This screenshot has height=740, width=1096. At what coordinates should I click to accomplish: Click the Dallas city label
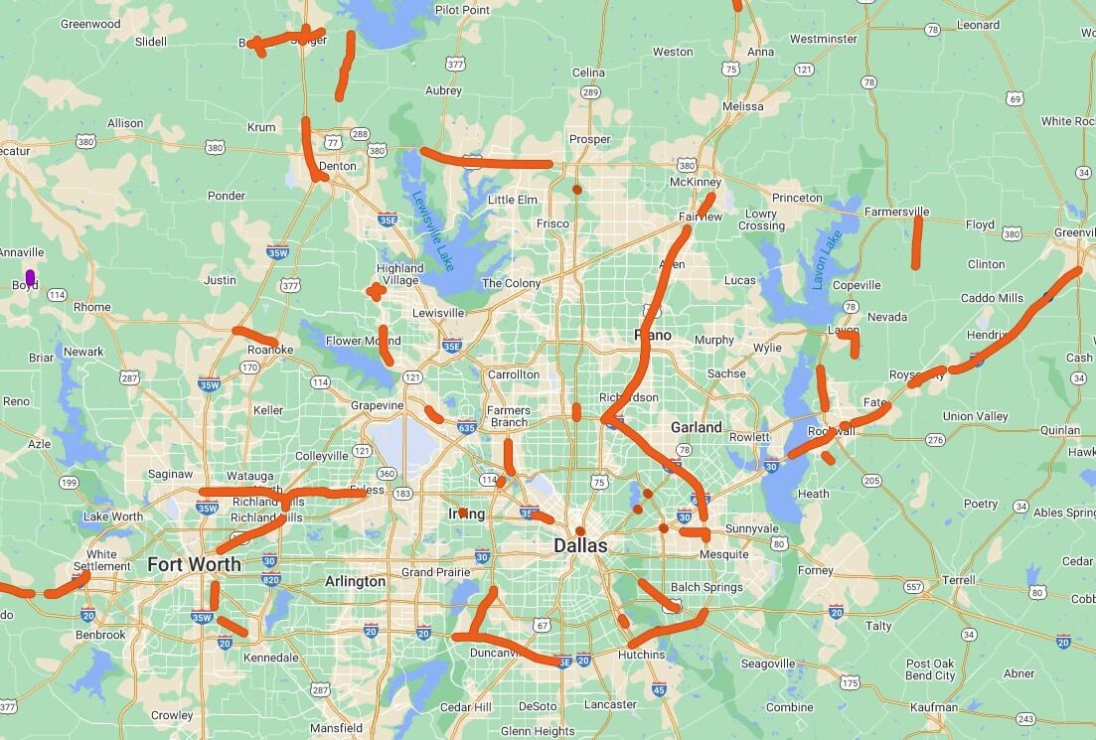[581, 545]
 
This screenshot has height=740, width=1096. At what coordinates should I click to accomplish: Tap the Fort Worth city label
[194, 564]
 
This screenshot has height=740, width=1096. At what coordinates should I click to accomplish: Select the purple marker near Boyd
[31, 276]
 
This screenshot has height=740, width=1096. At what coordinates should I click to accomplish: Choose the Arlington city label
[355, 581]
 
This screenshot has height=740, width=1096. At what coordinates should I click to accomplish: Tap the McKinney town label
[695, 182]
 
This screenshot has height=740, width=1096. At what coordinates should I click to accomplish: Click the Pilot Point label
[462, 10]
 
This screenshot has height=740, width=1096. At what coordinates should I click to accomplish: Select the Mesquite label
[724, 554]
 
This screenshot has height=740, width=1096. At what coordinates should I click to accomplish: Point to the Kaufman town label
[933, 707]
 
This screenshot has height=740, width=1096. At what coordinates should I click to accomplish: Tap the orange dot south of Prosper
[577, 189]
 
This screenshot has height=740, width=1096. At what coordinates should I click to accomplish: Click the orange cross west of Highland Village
[374, 291]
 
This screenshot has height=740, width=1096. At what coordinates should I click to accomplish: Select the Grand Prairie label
[432, 572]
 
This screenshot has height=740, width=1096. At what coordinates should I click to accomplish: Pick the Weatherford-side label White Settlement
[101, 560]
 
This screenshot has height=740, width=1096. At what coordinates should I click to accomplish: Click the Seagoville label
[767, 664]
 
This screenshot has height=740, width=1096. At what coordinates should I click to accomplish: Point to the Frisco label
[552, 223]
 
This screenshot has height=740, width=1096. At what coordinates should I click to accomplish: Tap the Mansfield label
[336, 728]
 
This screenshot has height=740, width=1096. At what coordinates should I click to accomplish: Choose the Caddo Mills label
[992, 298]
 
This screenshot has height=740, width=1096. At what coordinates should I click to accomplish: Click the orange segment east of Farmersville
[917, 243]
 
